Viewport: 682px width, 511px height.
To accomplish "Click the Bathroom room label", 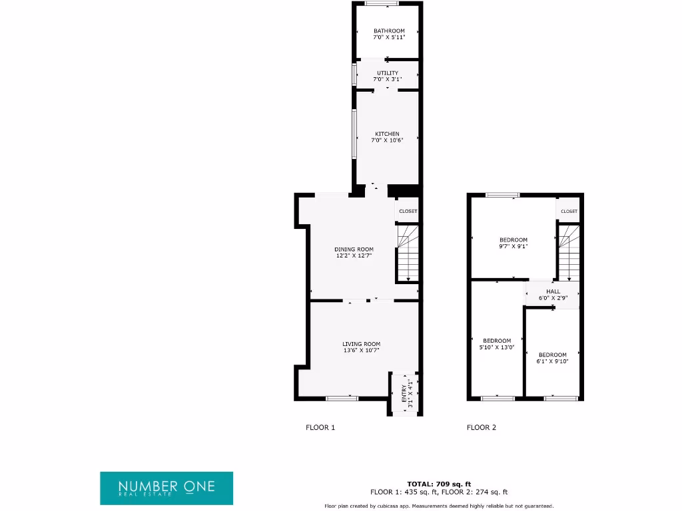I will tap(388, 31).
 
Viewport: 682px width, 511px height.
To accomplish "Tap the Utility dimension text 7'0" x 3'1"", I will tap(388, 79).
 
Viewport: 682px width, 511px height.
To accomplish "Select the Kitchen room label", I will tap(387, 134).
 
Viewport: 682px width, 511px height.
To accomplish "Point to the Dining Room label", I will tap(354, 250).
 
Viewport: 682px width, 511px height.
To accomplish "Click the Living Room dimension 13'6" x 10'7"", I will tap(362, 350).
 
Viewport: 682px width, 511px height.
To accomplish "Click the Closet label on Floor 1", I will tap(408, 211).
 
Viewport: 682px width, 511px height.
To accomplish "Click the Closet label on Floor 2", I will tap(569, 211).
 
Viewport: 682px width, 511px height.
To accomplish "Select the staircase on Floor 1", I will tap(408, 253).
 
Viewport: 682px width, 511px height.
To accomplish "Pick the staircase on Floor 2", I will tap(569, 253).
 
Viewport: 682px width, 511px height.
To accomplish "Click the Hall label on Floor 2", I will tap(553, 291).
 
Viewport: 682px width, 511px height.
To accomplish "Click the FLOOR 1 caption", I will tap(320, 428).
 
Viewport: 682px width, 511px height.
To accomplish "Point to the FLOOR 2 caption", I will tap(482, 428).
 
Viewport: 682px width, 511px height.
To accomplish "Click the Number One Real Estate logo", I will tap(167, 488).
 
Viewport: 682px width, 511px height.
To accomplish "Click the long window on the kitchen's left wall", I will tap(354, 134).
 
